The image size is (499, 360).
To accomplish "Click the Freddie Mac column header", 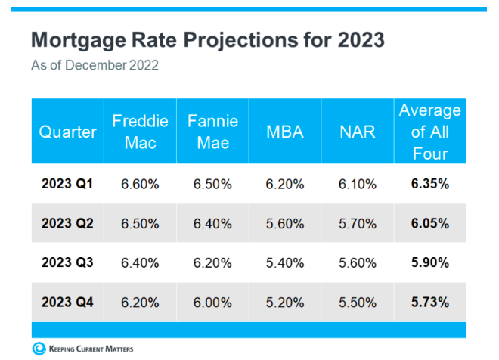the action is coord(140,132).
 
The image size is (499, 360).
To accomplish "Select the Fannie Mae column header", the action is coord(212,132).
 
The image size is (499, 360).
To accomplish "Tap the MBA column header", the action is coord(285,132).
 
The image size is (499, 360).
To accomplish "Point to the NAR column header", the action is coord(358,132).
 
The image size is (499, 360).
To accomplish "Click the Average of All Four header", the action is coord(430,132).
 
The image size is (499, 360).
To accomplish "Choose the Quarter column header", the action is coord(67,132).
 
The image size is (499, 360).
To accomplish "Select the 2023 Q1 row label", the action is coord(67,184).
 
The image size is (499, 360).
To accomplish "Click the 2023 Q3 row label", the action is coord(67,262).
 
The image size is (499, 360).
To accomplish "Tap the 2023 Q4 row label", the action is coord(67,302).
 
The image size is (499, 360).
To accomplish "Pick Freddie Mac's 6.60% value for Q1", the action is coord(140,184).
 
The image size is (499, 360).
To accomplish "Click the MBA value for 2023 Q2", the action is coord(285,223).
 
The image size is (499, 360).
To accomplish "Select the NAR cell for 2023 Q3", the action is coord(358,263).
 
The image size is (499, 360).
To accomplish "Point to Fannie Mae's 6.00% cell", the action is coord(212,303).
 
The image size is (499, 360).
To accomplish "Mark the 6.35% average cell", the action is coord(430,184).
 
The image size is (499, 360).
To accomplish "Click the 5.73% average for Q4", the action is coord(430,302).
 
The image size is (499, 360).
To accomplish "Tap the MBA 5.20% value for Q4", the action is coord(285,303).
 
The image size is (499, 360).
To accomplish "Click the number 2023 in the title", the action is coord(361,40).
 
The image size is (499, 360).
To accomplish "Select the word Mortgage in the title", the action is coord(79,41).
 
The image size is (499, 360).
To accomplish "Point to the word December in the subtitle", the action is coord(95,65).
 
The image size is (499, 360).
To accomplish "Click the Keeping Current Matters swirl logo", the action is coord(39,349).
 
